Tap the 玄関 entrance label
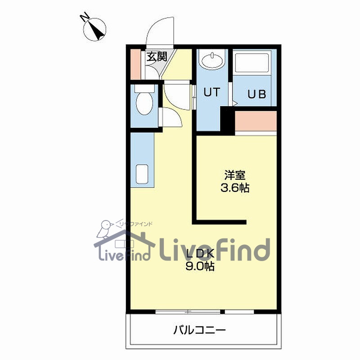click(x=157, y=57)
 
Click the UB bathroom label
click(x=257, y=94)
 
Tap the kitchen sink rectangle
click(x=143, y=175)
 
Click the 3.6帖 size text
click(x=234, y=188)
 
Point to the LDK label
click(x=199, y=253)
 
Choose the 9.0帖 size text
click(x=199, y=266)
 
